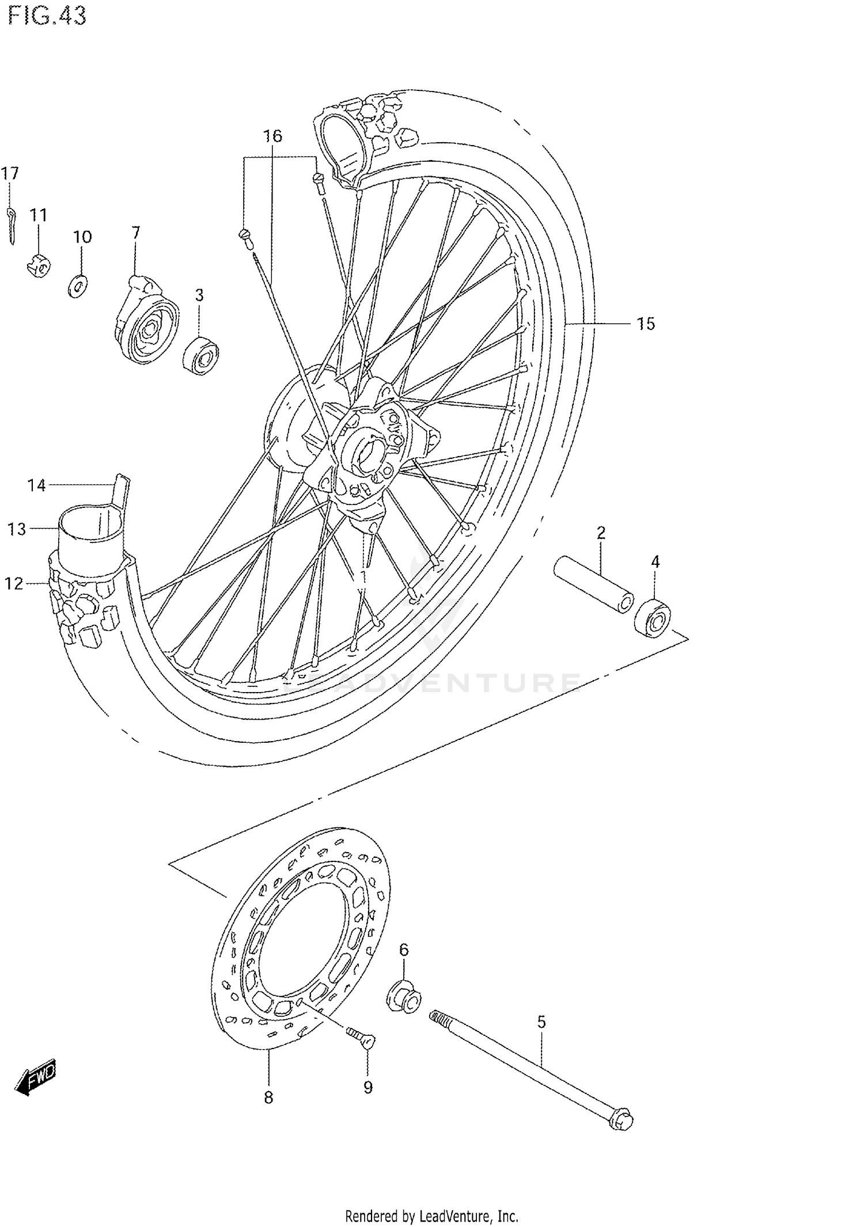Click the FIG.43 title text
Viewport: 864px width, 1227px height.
[47, 16]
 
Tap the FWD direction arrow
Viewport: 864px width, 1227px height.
[36, 1075]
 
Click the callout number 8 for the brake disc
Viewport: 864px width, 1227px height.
[268, 1097]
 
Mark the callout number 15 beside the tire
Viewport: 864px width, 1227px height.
[646, 324]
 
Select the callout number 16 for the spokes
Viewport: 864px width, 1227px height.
[272, 136]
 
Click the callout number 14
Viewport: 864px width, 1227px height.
[36, 485]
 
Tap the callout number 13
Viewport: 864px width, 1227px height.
[17, 529]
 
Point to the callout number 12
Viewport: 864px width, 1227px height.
[14, 584]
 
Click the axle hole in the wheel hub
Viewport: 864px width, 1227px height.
[367, 454]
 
